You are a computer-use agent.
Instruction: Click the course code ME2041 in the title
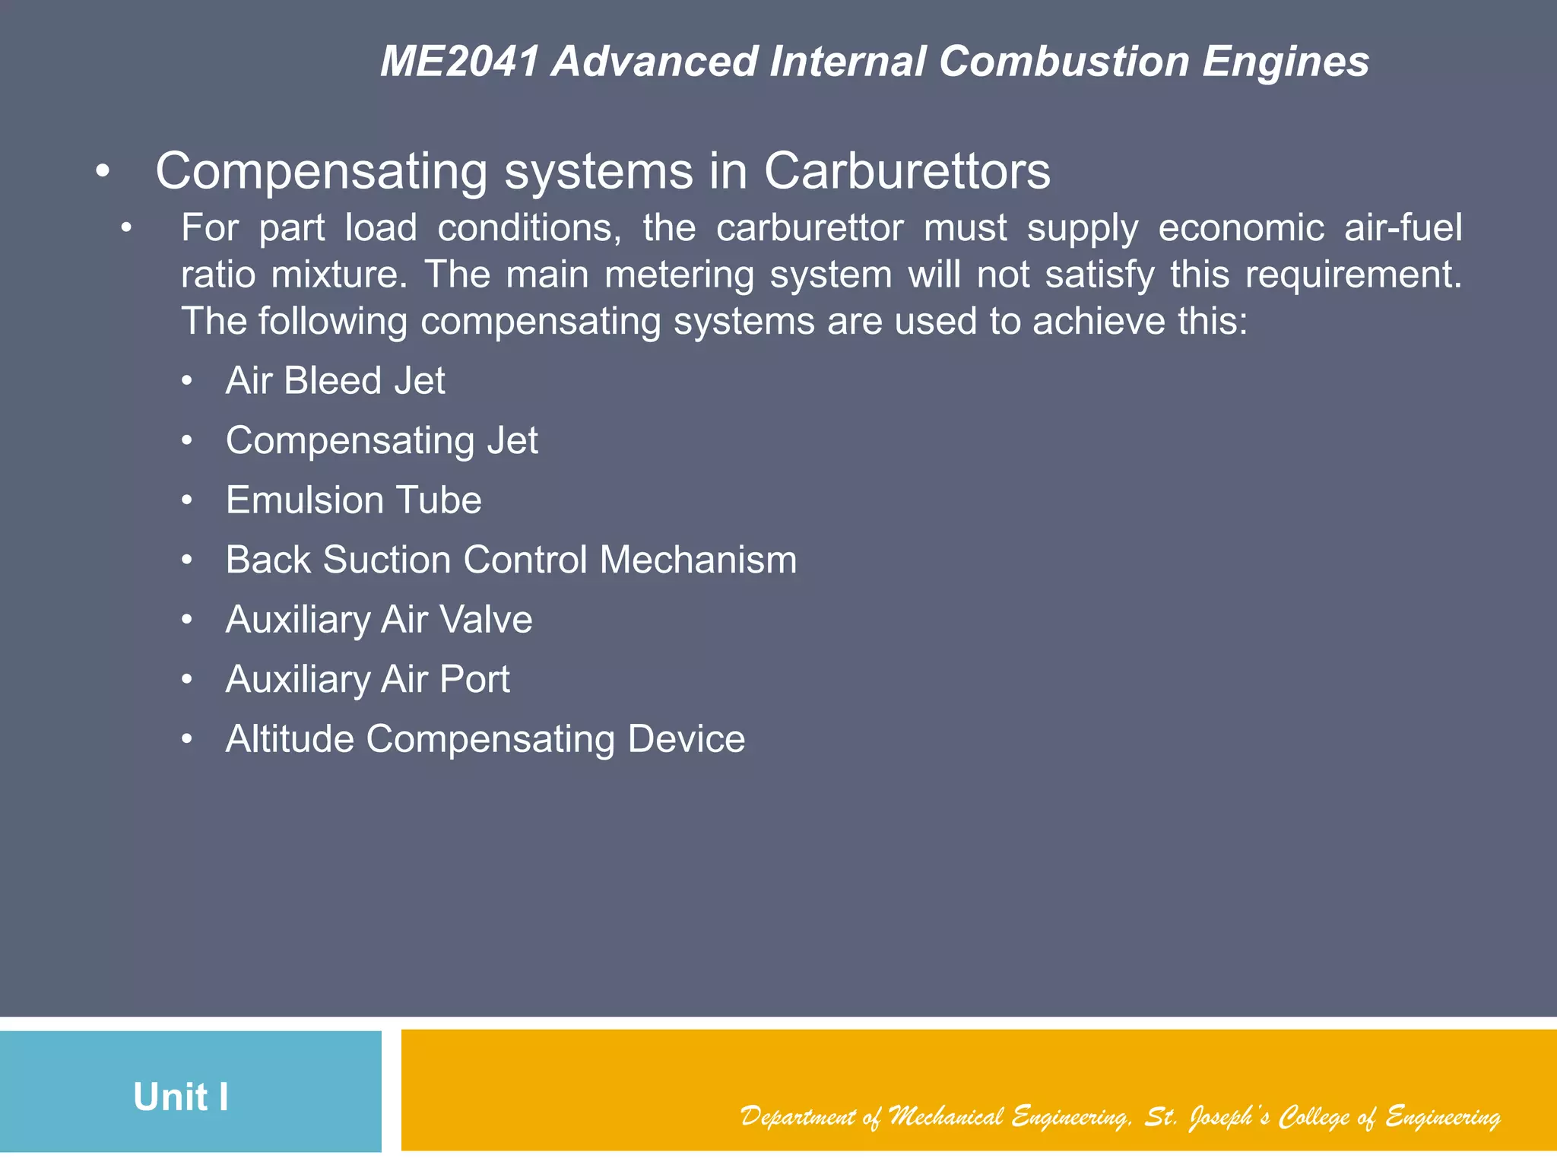click(x=460, y=62)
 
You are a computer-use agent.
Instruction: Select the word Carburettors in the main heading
click(x=907, y=171)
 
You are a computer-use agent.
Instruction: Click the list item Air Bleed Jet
click(x=335, y=380)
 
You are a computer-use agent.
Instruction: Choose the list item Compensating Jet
click(x=382, y=440)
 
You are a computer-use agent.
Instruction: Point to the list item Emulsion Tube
click(x=354, y=500)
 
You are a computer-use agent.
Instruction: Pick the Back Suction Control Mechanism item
click(x=511, y=560)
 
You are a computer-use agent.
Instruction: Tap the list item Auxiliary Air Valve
click(x=379, y=620)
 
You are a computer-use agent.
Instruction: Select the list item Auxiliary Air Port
click(x=367, y=679)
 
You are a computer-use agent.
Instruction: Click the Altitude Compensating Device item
click(x=485, y=739)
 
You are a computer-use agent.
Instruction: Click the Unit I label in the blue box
click(x=181, y=1097)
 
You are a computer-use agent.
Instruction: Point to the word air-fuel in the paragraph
click(x=1403, y=228)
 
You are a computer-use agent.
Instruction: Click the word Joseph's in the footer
click(x=1228, y=1117)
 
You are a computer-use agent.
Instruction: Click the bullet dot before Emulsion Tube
click(x=187, y=500)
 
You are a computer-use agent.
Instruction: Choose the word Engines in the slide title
click(x=1286, y=62)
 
